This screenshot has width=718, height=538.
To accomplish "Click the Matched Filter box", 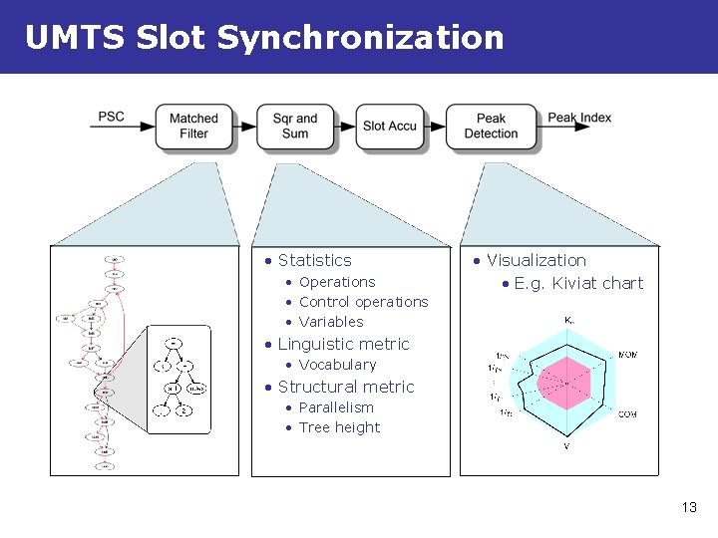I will click(x=193, y=127).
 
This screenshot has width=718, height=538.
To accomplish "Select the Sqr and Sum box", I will click(x=295, y=127).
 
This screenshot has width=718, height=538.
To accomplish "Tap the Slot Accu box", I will click(x=389, y=127).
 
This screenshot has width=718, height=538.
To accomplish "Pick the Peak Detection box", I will click(x=491, y=127).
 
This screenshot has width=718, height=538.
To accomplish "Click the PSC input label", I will click(x=112, y=117).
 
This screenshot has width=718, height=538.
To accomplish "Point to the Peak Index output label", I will click(x=579, y=118).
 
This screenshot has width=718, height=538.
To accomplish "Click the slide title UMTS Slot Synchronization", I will click(x=264, y=38).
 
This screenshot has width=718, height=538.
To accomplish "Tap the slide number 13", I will click(x=688, y=508).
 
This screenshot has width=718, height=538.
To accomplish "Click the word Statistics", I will click(x=315, y=260).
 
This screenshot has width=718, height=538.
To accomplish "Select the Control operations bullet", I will click(x=363, y=302).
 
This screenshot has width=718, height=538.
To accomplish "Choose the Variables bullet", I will click(x=331, y=322).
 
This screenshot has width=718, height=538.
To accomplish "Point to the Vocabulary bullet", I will click(x=337, y=365).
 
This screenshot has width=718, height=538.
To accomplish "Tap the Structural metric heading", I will click(x=346, y=387).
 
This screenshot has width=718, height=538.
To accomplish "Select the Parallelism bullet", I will click(x=336, y=407).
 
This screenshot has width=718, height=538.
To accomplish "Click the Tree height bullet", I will click(x=339, y=427).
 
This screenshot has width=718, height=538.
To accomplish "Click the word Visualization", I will click(x=537, y=260).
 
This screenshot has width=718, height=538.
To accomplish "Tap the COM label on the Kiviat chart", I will click(x=628, y=414).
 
